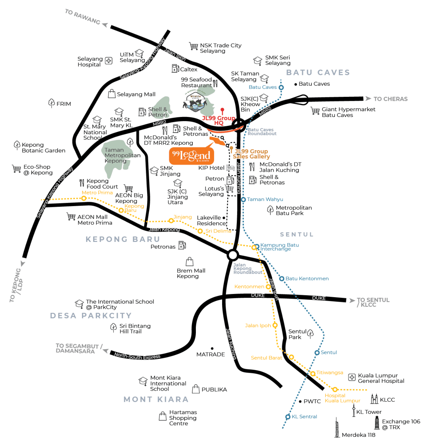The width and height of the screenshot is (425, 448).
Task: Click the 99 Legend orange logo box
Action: (191, 156)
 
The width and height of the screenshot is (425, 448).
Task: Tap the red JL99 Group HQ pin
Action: (222, 111)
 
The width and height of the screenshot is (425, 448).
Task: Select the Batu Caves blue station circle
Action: (281, 87)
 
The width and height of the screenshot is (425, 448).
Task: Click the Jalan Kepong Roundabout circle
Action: (233, 255)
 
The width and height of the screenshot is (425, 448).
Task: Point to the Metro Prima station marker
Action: (84, 198)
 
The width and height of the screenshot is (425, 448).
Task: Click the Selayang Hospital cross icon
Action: (109, 61)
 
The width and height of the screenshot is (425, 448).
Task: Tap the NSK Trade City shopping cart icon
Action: (194, 46)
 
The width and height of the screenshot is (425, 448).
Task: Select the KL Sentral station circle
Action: (288, 417)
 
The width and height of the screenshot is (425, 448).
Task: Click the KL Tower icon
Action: (353, 411)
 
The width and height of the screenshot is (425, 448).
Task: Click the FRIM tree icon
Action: (51, 103)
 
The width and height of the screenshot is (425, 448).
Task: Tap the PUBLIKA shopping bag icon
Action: (196, 389)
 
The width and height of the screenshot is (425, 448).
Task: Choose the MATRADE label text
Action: (211, 354)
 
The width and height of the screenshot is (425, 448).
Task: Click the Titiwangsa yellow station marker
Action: (313, 374)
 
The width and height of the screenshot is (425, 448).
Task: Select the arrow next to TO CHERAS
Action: (368, 99)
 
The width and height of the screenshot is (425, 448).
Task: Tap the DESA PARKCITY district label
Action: (91, 316)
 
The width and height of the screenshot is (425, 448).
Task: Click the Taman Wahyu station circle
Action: (243, 199)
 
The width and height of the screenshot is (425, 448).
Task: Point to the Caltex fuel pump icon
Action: (175, 68)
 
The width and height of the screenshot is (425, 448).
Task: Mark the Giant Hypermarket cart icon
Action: (315, 111)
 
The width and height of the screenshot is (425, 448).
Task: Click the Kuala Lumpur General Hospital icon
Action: (352, 377)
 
